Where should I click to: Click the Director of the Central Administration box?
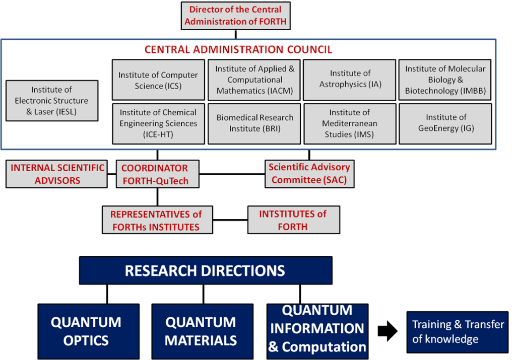tap(235, 16)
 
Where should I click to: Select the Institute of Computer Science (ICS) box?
tap(158, 81)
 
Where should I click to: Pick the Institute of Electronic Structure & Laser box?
tap(52, 101)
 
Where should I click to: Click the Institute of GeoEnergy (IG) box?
tap(445, 123)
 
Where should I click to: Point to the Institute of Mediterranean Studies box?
tap(350, 123)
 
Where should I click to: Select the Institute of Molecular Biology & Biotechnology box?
tap(445, 80)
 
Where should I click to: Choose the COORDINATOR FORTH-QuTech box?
tap(154, 174)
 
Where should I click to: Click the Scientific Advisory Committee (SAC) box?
tap(309, 174)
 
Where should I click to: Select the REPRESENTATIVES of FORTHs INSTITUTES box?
tap(156, 220)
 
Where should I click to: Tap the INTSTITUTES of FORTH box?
tap(293, 220)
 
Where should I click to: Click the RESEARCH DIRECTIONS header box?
tap(206, 270)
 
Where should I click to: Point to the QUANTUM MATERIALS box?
tap(201, 331)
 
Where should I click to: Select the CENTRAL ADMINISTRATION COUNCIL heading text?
tap(238, 49)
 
